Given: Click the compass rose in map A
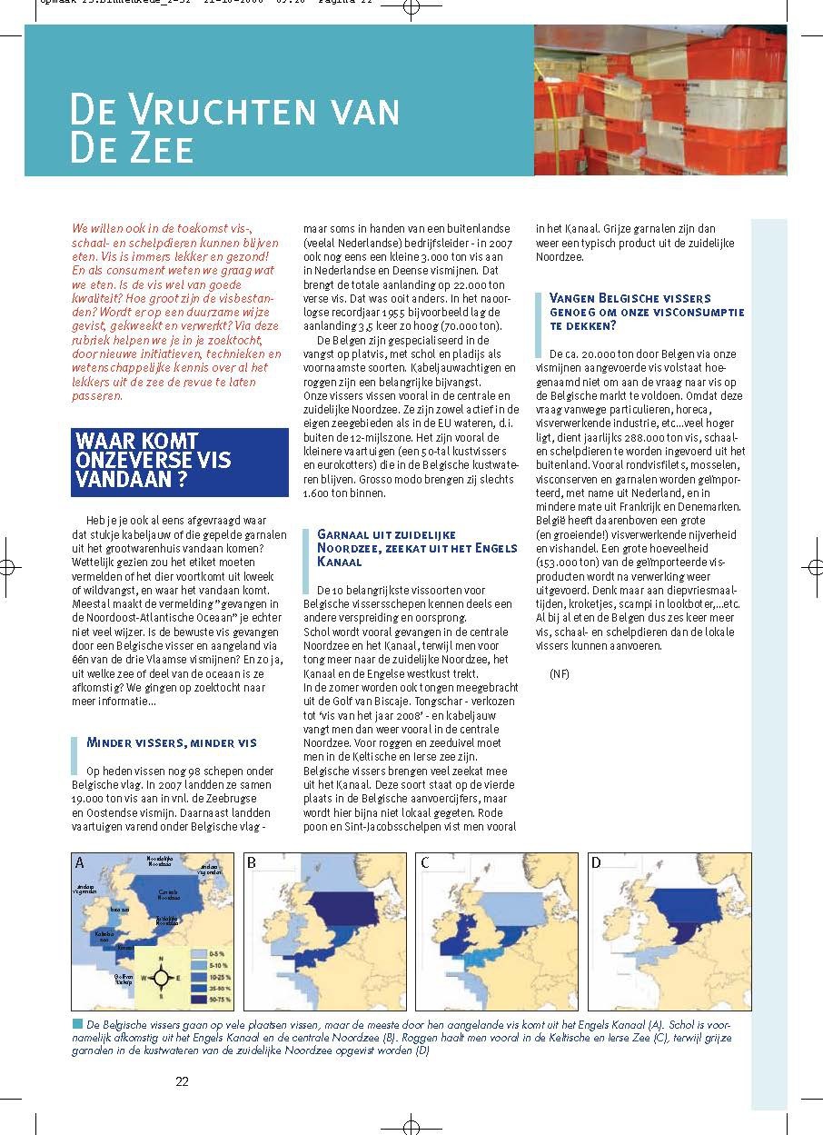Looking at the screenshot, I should pos(161,978).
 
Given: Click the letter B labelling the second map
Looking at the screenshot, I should pos(252,862).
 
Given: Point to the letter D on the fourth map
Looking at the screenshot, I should pos(596,862).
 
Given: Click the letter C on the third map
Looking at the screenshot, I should pos(424,862).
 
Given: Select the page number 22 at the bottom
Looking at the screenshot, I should pos(182,1081).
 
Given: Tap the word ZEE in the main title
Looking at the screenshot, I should pos(160,148).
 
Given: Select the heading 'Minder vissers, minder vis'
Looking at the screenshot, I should pos(172,742).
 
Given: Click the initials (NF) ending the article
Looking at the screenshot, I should pos(560,673).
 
